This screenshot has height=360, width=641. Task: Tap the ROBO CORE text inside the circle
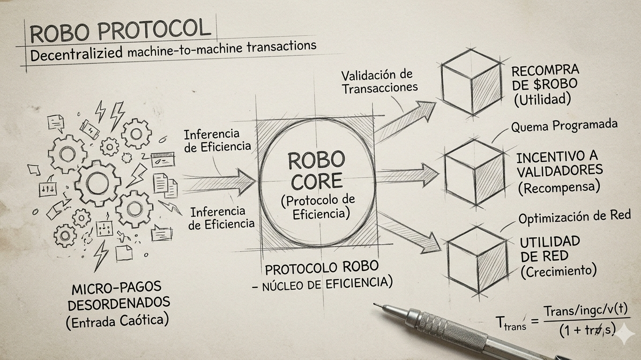[316, 170]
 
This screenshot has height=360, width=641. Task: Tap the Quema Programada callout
[564, 126]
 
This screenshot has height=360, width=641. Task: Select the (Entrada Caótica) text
[117, 322]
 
